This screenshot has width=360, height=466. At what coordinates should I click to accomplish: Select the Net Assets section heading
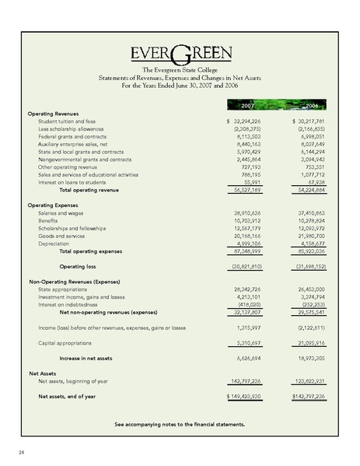click(45, 373)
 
